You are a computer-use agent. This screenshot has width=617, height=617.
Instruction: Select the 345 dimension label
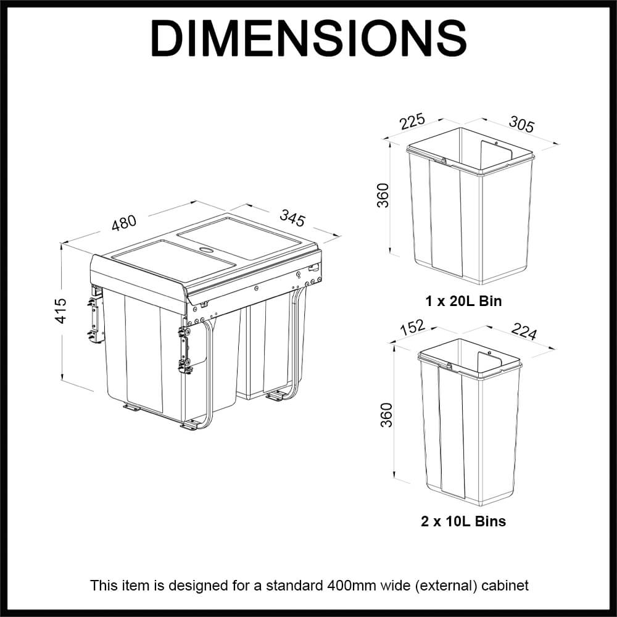tap(292, 218)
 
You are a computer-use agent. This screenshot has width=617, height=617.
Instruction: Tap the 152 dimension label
tap(413, 325)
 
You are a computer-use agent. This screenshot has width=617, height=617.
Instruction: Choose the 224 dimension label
tap(524, 333)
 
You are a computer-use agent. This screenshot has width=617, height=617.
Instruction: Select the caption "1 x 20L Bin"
tap(463, 302)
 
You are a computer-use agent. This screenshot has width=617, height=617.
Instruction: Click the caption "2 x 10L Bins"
tap(463, 521)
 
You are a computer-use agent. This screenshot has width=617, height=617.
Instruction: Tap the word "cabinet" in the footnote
tap(506, 585)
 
